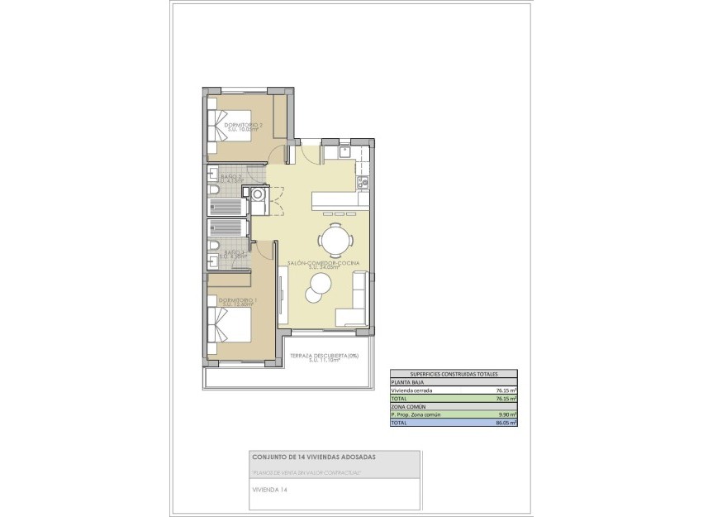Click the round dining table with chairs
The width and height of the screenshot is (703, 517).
[336, 240]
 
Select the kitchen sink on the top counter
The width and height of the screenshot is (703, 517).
[344, 151]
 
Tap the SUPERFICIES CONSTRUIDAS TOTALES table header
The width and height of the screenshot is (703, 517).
[454, 374]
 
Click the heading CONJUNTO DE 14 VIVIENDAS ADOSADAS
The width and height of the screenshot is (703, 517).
[313, 457]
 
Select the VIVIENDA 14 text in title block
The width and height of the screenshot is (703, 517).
[268, 490]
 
